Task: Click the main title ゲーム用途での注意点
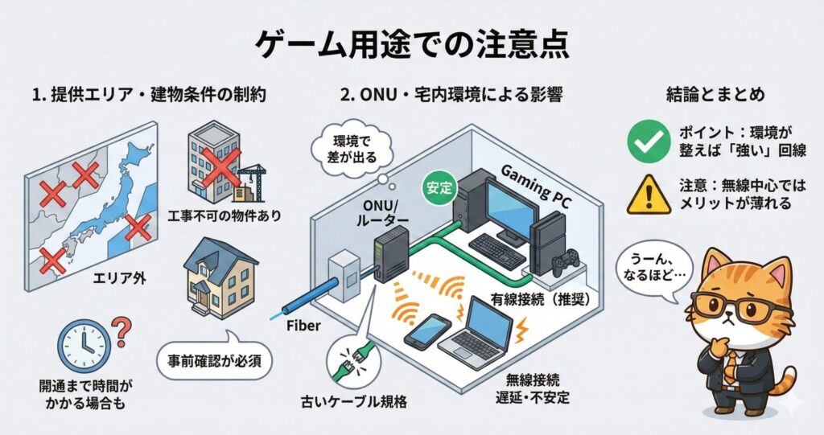(412, 43)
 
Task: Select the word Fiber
(303, 326)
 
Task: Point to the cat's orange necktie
(729, 365)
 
